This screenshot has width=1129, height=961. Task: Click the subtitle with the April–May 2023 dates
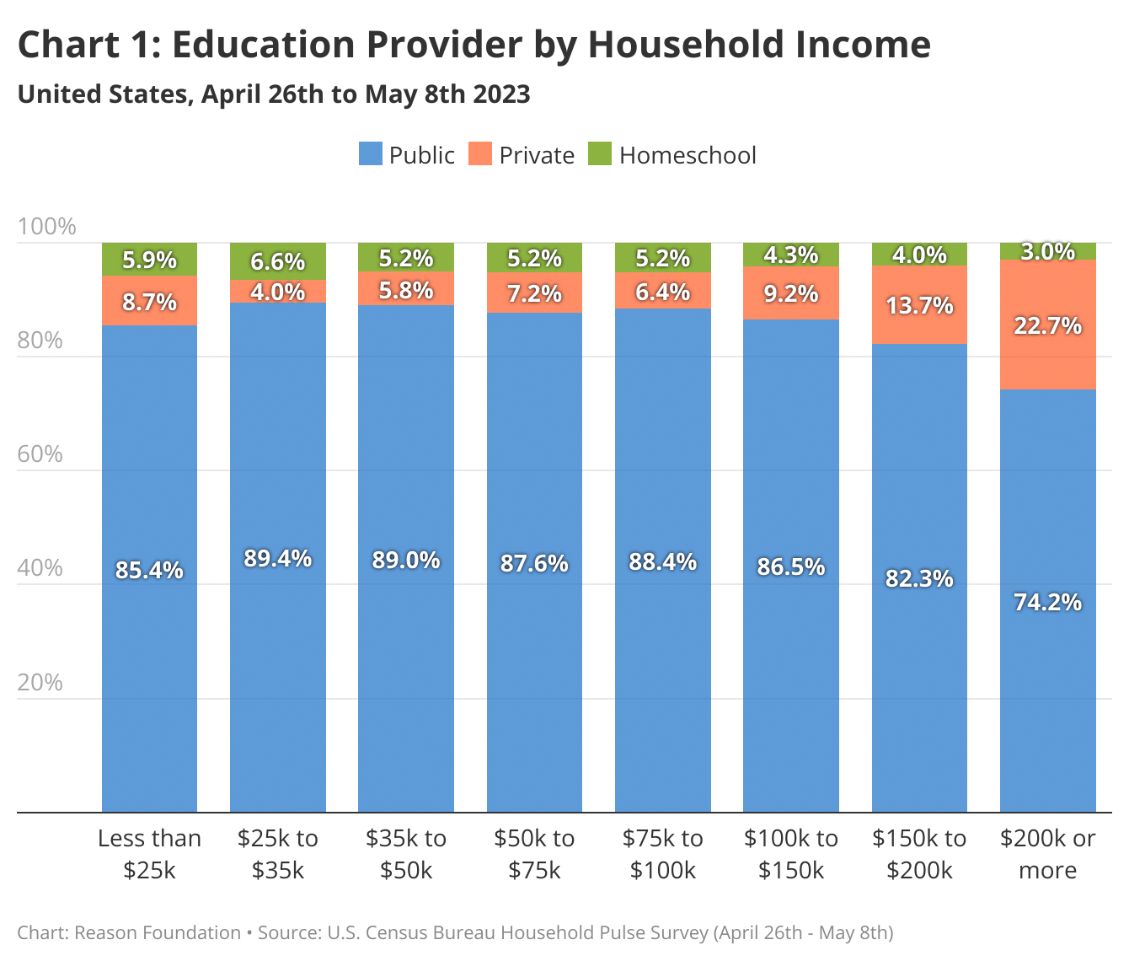pyautogui.click(x=274, y=94)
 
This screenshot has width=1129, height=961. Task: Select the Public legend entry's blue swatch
pyautogui.click(x=370, y=154)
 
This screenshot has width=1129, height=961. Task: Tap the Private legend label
pyautogui.click(x=536, y=155)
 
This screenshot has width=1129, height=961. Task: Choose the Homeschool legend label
pyautogui.click(x=687, y=155)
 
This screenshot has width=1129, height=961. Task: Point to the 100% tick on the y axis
pyautogui.click(x=46, y=227)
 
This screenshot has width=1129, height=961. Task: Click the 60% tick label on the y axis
pyautogui.click(x=40, y=454)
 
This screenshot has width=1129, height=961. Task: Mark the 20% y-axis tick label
pyautogui.click(x=40, y=682)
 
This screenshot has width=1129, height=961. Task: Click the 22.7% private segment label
pyautogui.click(x=1047, y=325)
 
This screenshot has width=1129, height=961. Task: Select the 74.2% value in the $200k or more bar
pyautogui.click(x=1047, y=602)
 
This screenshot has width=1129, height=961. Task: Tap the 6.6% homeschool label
pyautogui.click(x=277, y=262)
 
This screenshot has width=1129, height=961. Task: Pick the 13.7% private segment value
pyautogui.click(x=919, y=305)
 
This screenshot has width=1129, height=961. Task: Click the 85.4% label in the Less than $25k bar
pyautogui.click(x=149, y=571)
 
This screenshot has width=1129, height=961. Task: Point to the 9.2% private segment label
pyautogui.click(x=790, y=293)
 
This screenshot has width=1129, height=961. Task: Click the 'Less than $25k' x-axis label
pyautogui.click(x=149, y=854)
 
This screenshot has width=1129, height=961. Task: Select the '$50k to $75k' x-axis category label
pyautogui.click(x=534, y=854)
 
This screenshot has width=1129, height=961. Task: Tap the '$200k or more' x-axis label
pyautogui.click(x=1047, y=854)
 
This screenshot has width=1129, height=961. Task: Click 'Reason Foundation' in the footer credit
pyautogui.click(x=158, y=933)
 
